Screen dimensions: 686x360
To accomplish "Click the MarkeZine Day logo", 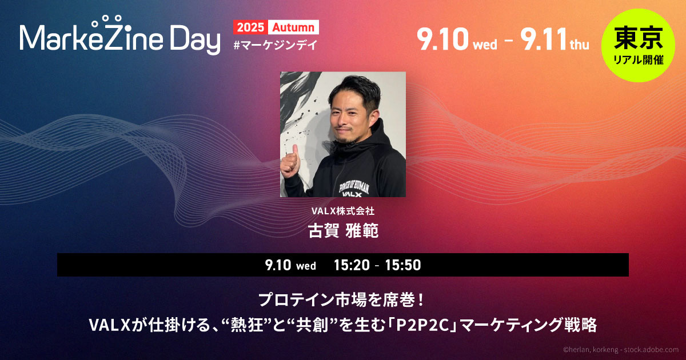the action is pos(119,35).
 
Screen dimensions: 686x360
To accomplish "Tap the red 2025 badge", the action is pos(250,27).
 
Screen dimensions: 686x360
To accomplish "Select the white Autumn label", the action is pos(293,27).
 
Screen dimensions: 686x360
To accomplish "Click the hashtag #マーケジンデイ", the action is pos(276,45).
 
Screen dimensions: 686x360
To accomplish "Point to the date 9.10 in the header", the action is pos(442,39).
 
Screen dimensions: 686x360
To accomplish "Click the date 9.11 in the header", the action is pos(543,39).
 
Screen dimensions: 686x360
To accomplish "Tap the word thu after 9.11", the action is pos(580,45).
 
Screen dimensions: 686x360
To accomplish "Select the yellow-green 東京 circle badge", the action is pos(638,45).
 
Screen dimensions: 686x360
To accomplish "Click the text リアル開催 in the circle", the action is pos(639,59).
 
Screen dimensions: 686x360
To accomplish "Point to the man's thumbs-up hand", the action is pos(290,163).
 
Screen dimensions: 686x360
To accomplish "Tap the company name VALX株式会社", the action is pos(342,211).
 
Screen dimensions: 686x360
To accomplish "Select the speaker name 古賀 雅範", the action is pos(343,230).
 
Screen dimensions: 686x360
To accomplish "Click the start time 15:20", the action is pos(352,265).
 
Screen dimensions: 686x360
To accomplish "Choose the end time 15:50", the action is pos(403,265).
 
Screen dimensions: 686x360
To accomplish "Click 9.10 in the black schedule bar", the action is pos(278,265).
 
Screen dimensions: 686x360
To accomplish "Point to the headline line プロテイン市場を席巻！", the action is pos(341,300).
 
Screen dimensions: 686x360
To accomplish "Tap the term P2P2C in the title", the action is pos(424,325).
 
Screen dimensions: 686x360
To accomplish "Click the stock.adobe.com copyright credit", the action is pos(621,350).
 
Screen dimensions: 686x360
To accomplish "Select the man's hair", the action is pos(355,89).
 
